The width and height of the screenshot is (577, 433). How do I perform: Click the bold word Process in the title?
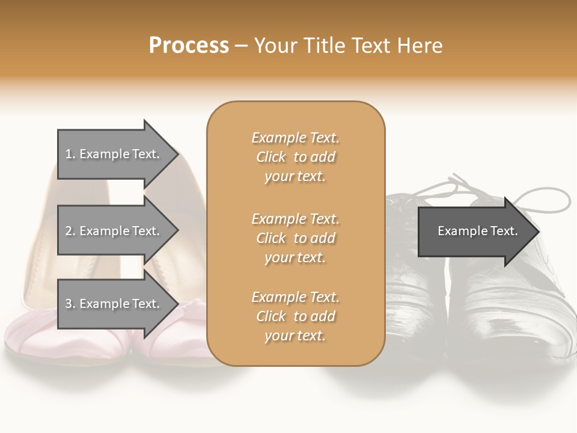pyautogui.click(x=189, y=46)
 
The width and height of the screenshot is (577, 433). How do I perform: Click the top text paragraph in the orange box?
pyautogui.click(x=295, y=157)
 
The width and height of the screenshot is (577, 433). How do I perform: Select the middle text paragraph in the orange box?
pyautogui.click(x=295, y=238)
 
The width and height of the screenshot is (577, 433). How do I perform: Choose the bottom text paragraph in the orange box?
pyautogui.click(x=295, y=316)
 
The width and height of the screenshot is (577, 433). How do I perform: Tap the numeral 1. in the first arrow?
pyautogui.click(x=70, y=154)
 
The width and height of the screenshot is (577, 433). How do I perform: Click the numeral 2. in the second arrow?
pyautogui.click(x=70, y=231)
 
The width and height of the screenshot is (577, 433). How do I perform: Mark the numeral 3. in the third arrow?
pyautogui.click(x=70, y=304)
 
